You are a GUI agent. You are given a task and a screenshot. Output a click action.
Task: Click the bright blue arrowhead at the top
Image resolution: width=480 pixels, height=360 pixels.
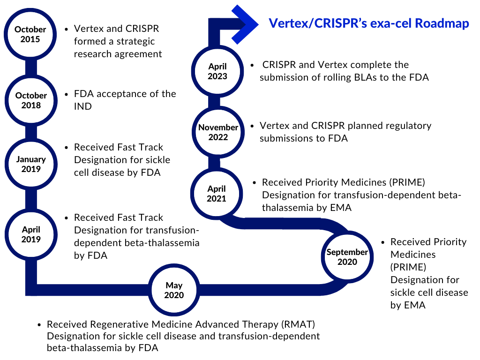[245, 24]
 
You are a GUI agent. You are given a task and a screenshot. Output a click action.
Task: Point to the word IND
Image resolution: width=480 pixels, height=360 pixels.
[82, 106]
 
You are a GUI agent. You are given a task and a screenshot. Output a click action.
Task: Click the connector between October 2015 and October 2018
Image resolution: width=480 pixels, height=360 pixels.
[30, 67]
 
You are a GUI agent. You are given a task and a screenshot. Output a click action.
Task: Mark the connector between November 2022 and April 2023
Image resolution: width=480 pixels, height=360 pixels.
[214, 102]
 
